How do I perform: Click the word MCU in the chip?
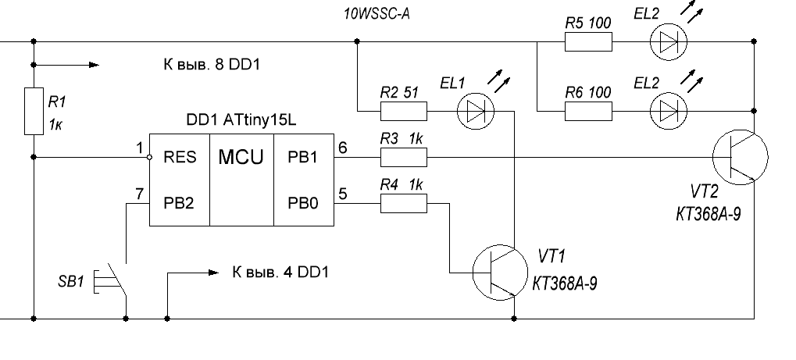pos(240,157)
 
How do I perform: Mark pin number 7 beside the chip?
pos(139,192)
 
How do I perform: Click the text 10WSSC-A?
pos(377,13)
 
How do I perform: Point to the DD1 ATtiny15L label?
pos(241,124)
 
